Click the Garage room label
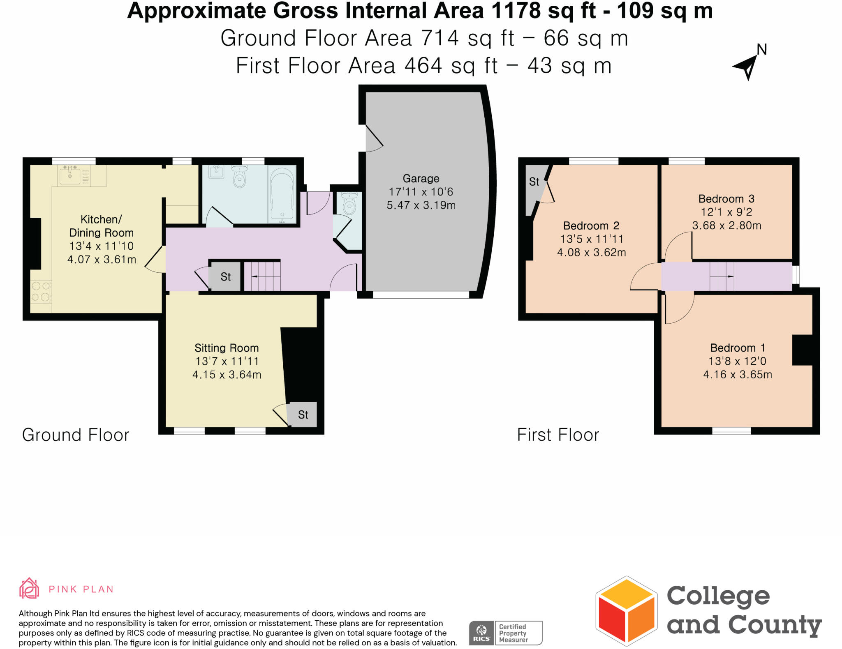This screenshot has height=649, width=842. click(421, 179)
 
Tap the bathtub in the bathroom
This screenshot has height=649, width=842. click(282, 194)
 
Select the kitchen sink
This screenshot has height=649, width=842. click(70, 176)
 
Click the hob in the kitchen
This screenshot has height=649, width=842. click(41, 291)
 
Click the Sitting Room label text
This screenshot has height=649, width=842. click(227, 348)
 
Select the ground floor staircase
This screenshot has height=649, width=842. click(262, 276)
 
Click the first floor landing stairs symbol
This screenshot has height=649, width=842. click(722, 276)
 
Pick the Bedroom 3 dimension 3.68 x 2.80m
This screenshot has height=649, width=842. click(726, 226)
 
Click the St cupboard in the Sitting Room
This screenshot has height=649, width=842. click(303, 415)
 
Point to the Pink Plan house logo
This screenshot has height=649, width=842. click(29, 588)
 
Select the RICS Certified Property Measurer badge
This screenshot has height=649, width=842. click(506, 633)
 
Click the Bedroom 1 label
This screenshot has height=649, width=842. click(738, 348)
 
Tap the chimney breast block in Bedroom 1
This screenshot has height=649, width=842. click(802, 350)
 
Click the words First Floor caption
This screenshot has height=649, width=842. click(558, 435)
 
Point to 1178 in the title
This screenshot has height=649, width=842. click(516, 11)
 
